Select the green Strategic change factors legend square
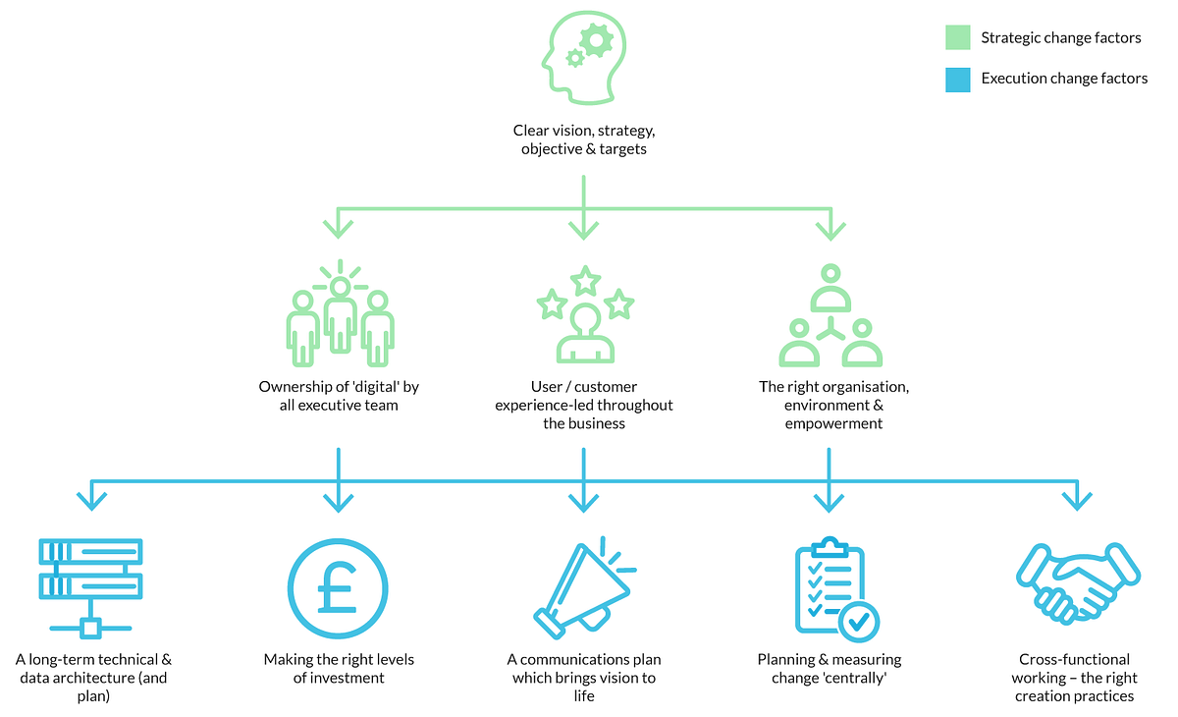pyautogui.click(x=958, y=37)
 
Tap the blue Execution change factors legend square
pyautogui.click(x=958, y=79)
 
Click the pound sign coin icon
pyautogui.click(x=338, y=586)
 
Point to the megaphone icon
pyautogui.click(x=583, y=588)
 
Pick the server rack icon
pyautogui.click(x=90, y=587)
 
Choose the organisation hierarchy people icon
pyautogui.click(x=830, y=317)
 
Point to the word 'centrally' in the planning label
pyautogui.click(x=861, y=678)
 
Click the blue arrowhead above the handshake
pyautogui.click(x=1076, y=500)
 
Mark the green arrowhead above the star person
pyautogui.click(x=584, y=230)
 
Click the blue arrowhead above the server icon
pyautogui.click(x=91, y=500)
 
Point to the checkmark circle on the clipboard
pyautogui.click(x=859, y=620)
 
